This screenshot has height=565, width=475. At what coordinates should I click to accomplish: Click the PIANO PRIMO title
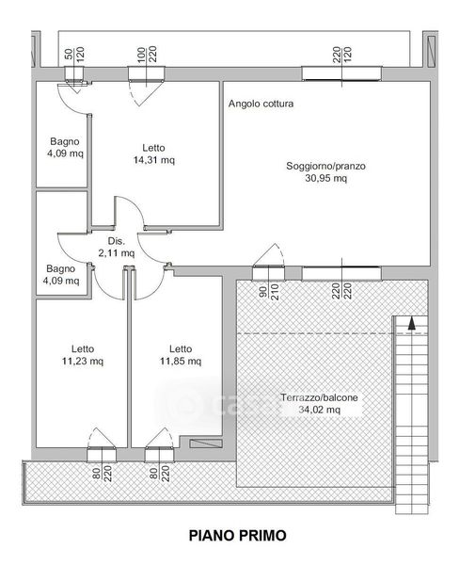point(237,536)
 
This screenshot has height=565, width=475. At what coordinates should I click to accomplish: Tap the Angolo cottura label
point(261,104)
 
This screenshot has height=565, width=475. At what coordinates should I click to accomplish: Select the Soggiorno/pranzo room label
point(325,166)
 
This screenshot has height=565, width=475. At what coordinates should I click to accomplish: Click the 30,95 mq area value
point(326,178)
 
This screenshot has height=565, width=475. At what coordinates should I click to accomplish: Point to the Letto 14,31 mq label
point(154,153)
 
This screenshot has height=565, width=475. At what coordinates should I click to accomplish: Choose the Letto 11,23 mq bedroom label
point(83,355)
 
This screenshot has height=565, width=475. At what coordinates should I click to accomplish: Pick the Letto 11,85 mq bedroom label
point(181,355)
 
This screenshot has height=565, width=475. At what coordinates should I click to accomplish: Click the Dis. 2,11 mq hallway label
point(117,247)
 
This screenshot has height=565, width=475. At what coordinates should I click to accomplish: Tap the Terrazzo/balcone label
point(319,397)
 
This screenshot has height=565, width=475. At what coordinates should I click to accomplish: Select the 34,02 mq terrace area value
point(319,410)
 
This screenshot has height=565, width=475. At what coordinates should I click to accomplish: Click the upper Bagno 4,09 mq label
point(65,148)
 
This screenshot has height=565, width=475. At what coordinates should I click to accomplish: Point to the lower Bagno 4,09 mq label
point(61,275)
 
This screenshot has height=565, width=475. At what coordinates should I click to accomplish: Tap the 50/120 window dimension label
point(74,54)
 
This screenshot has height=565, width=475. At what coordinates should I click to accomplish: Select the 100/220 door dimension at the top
point(147,54)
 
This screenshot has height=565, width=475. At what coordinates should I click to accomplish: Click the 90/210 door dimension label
point(268,292)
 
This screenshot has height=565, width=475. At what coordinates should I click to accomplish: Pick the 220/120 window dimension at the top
point(341,55)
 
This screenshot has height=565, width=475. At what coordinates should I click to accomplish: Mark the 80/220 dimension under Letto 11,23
point(103,474)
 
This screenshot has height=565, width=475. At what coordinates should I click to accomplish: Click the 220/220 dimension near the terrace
point(341,291)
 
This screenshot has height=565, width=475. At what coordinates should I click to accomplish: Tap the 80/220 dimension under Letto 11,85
point(159,474)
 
